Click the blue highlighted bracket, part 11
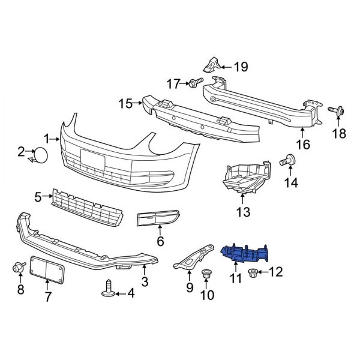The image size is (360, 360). [246, 253]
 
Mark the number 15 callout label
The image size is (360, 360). [125, 104]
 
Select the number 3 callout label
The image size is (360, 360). [145, 281]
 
